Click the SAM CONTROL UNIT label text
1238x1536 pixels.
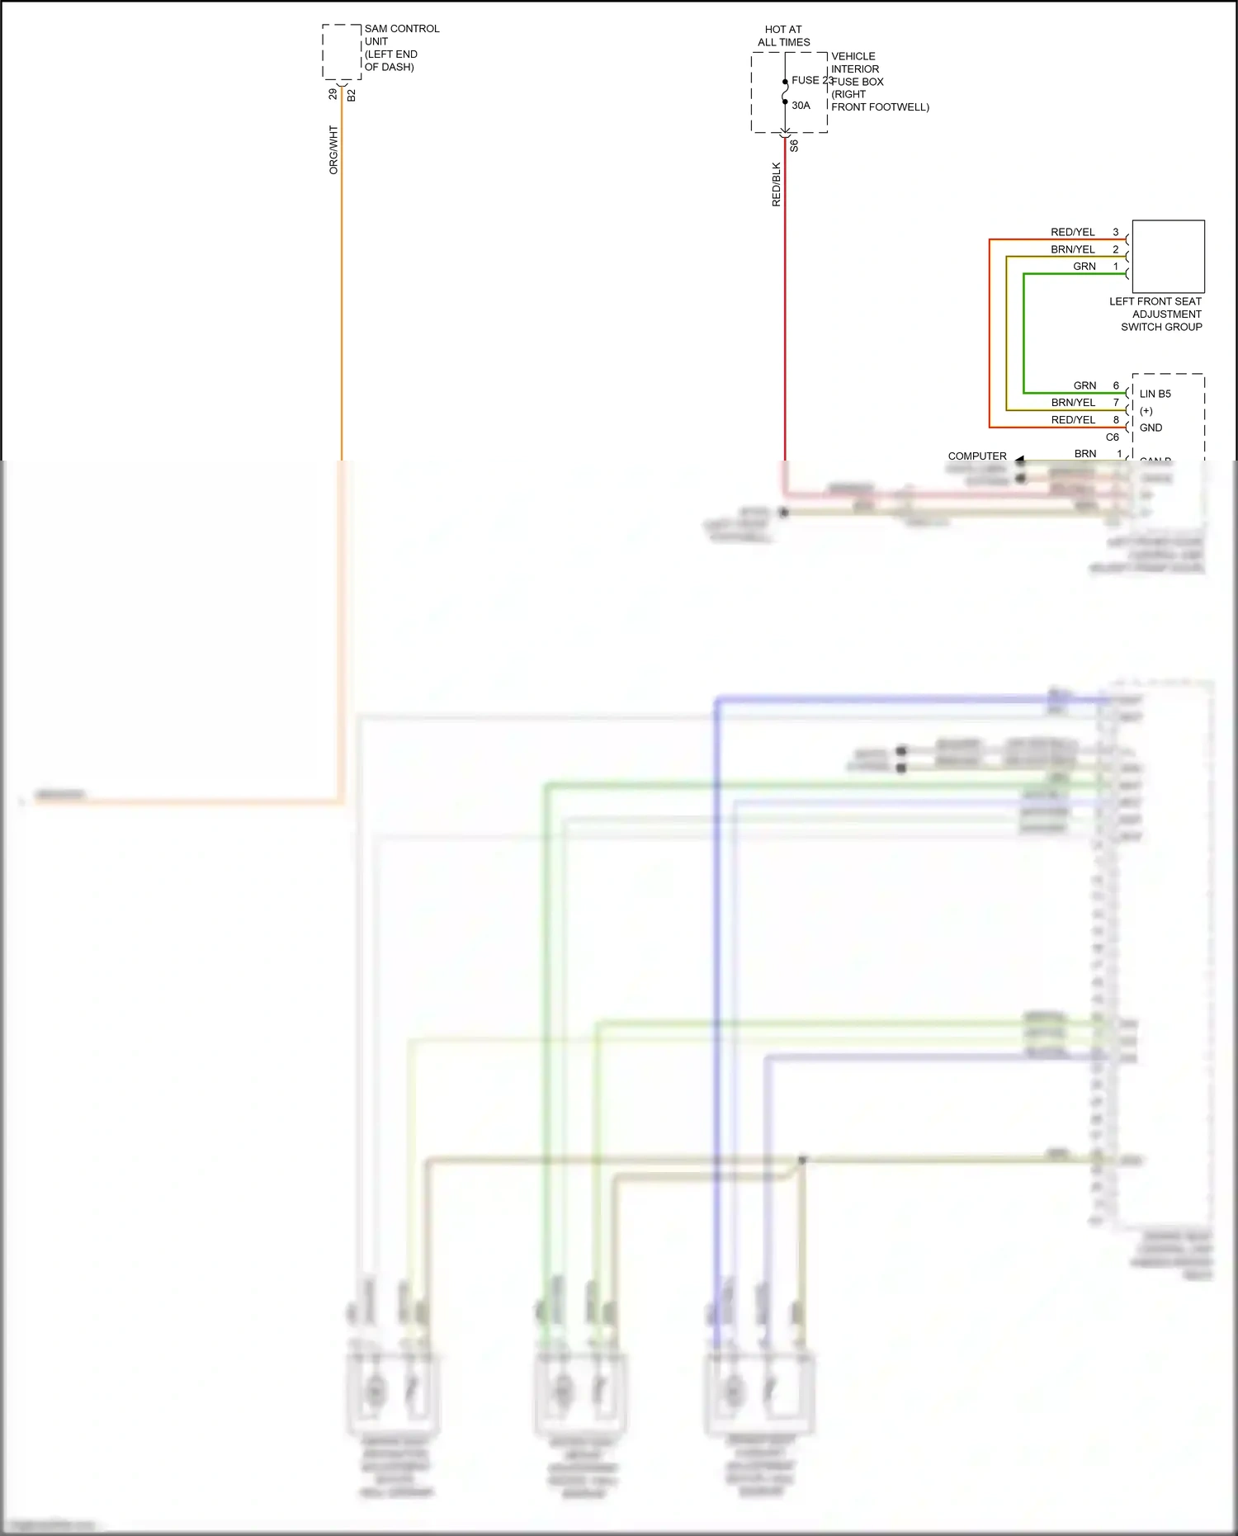pos(401,48)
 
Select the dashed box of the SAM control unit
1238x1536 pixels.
pos(342,52)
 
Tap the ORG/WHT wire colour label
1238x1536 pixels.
pos(333,149)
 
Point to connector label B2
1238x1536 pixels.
pos(352,96)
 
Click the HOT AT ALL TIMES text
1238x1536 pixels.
pos(783,35)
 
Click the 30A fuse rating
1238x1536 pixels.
pos(801,106)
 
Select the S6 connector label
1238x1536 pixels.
pos(794,145)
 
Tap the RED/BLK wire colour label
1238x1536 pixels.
pos(776,184)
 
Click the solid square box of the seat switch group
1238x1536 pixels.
pos(1168,256)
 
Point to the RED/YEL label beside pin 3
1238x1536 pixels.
pos(1072,232)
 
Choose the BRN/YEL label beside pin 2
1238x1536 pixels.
pos(1072,249)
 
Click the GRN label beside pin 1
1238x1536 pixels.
pos(1084,267)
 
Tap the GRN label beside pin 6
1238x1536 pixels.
pos(1084,385)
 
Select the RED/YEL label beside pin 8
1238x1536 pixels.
pos(1072,420)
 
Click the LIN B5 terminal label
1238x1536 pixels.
pos(1155,394)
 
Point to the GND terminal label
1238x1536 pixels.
pos(1151,428)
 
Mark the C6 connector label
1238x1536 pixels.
pos(1112,437)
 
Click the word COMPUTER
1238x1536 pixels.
pos(976,456)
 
